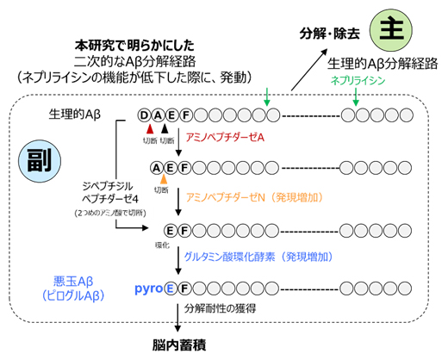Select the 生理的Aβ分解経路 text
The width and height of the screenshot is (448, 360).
pos(383,65)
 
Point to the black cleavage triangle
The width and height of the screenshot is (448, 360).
pos(164,127)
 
